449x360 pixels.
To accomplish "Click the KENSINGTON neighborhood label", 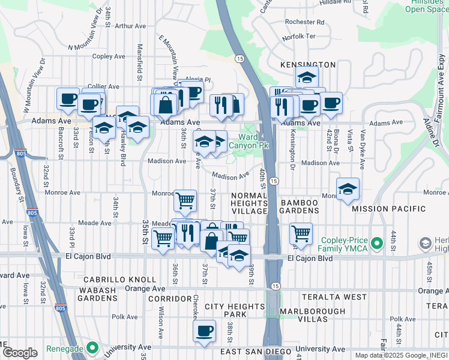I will point(307,64).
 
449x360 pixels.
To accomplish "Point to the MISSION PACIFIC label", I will point(388,209).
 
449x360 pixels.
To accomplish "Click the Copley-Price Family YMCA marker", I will point(377,244).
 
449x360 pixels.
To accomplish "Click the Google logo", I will point(20,353).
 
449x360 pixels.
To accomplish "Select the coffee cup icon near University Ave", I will point(204,331).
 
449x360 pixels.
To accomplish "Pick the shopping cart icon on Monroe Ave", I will point(185,200).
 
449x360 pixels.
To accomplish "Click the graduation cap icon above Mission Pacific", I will point(348,190).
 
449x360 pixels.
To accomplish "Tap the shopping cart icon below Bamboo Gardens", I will point(301,233).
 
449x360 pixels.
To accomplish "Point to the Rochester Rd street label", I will point(304,22).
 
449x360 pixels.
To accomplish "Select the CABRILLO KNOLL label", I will point(112,280).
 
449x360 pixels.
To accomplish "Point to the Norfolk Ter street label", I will point(298,36).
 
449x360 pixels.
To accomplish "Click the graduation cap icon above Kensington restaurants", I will point(306,77).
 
